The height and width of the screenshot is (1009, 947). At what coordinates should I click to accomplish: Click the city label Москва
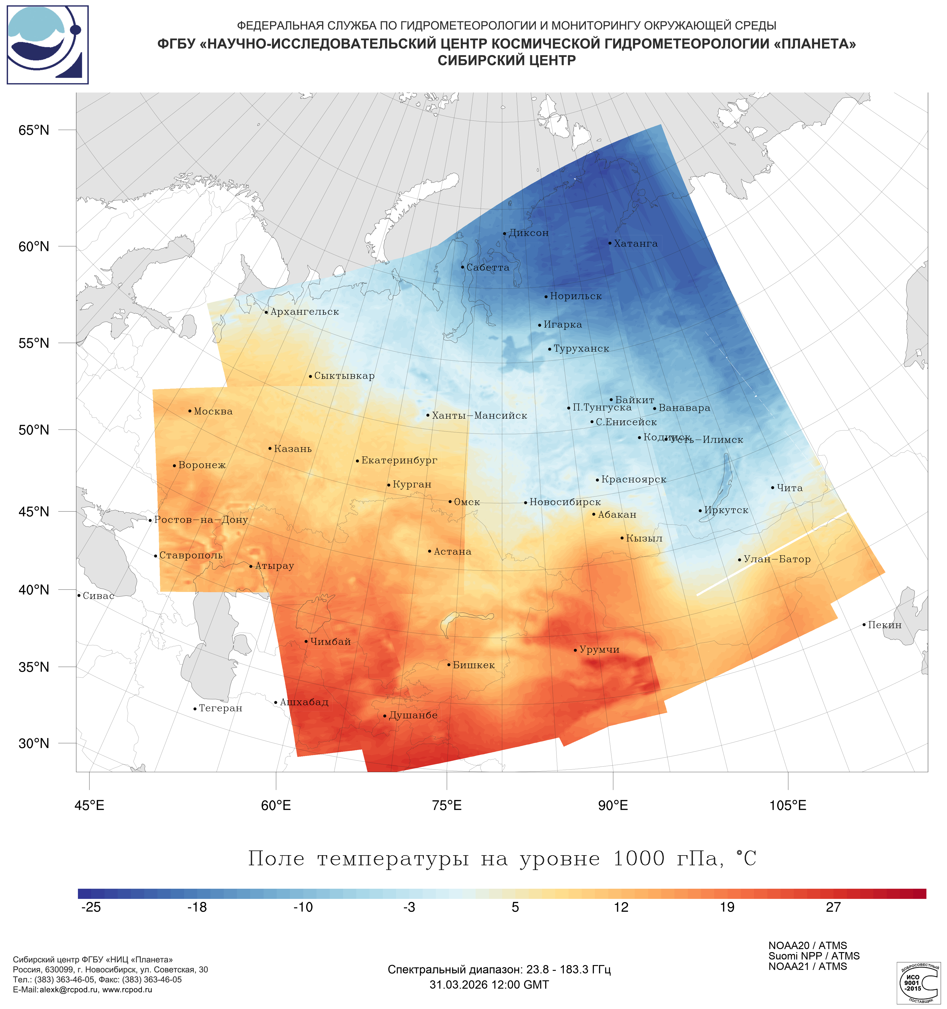(x=213, y=412)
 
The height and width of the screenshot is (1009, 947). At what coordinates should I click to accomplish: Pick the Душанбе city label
(x=413, y=716)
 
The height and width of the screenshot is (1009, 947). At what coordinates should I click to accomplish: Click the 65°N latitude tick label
(x=34, y=130)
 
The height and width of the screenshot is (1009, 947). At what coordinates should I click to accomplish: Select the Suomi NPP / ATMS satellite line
(x=814, y=956)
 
